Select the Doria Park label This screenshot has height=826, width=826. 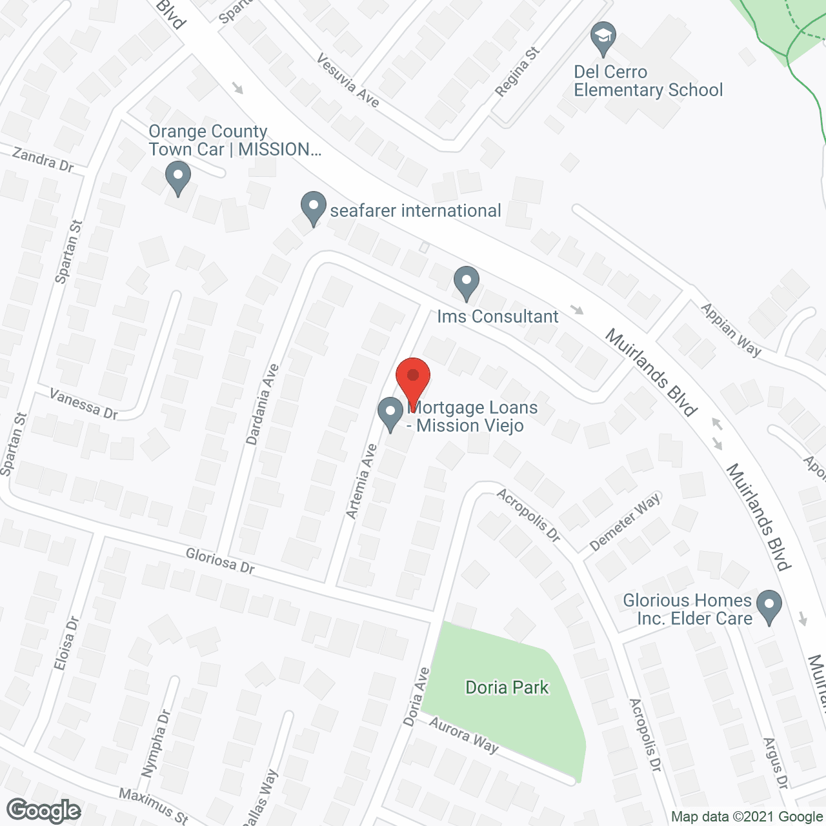[x=507, y=687]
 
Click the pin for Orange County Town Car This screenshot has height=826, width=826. [x=177, y=177]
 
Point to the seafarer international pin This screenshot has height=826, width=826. [x=314, y=208]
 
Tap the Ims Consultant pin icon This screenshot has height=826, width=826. [x=467, y=283]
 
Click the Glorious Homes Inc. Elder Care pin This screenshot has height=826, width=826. [x=769, y=607]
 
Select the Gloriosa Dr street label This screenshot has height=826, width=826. [x=220, y=561]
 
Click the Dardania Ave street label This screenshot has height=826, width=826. [x=262, y=405]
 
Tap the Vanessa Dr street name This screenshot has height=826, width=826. [x=84, y=404]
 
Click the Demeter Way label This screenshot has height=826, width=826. [x=625, y=521]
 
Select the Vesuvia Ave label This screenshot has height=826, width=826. [x=348, y=80]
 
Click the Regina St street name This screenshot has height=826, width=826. [x=517, y=72]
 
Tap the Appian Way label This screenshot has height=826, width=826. [x=731, y=330]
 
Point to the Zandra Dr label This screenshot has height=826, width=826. [x=43, y=159]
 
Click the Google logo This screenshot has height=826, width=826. [x=44, y=811]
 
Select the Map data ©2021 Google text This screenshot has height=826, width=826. [x=747, y=817]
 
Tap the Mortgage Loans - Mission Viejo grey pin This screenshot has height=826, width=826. [x=390, y=414]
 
